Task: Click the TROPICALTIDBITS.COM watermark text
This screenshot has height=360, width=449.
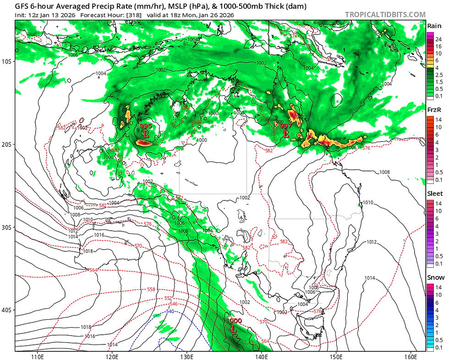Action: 385,15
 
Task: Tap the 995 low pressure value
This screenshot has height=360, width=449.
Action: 146,126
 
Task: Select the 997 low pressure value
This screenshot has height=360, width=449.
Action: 286,126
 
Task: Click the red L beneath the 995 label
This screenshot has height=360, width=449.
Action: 146,134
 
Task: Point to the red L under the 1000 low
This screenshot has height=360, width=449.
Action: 233,329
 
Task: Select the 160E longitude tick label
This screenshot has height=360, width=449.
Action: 411,356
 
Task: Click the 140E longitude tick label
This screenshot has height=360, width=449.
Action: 262,356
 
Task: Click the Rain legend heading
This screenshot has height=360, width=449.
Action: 434,26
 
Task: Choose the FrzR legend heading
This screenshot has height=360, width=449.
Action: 434,110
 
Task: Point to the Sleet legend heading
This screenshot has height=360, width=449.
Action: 435,194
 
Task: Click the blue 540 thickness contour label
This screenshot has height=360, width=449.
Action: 170,311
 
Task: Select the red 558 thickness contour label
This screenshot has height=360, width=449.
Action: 151,289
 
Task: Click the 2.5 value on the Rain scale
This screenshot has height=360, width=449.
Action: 439,74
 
